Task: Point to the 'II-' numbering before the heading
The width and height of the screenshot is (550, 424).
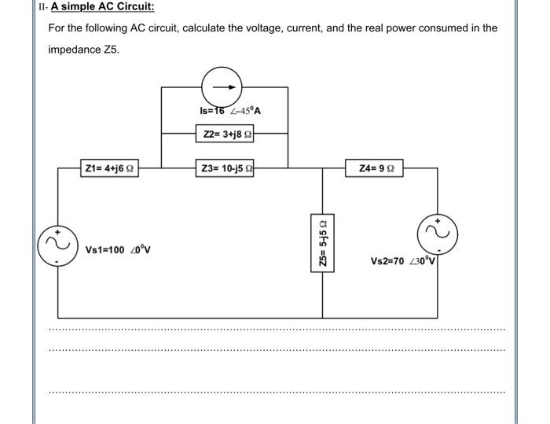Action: tap(43, 7)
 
